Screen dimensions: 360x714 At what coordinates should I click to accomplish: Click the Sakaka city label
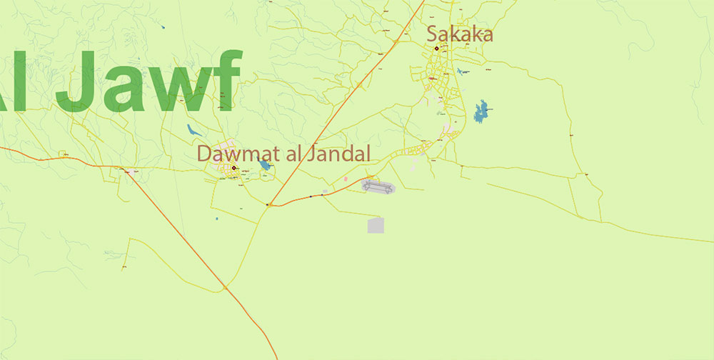click(x=460, y=34)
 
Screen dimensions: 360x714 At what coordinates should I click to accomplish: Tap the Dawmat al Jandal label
click(x=283, y=153)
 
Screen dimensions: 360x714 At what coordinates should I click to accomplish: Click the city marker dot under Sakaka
click(x=436, y=49)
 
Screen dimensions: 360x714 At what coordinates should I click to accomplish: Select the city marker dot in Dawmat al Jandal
click(x=233, y=169)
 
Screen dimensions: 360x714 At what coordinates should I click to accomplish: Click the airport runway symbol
click(x=378, y=187)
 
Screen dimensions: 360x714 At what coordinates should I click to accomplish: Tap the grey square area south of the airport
click(x=376, y=226)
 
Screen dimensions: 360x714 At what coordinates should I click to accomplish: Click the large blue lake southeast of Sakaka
click(x=483, y=111)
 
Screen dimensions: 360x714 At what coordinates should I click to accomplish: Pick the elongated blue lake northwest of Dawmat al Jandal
click(x=193, y=131)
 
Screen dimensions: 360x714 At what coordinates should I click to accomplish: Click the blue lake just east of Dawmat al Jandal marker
click(x=265, y=165)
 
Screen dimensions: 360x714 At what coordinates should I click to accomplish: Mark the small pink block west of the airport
click(x=346, y=179)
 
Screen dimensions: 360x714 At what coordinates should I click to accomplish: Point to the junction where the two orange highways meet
click(x=268, y=205)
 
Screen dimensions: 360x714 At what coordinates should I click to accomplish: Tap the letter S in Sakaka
click(x=433, y=34)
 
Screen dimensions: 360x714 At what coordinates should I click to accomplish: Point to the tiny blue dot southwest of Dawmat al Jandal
click(x=216, y=218)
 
